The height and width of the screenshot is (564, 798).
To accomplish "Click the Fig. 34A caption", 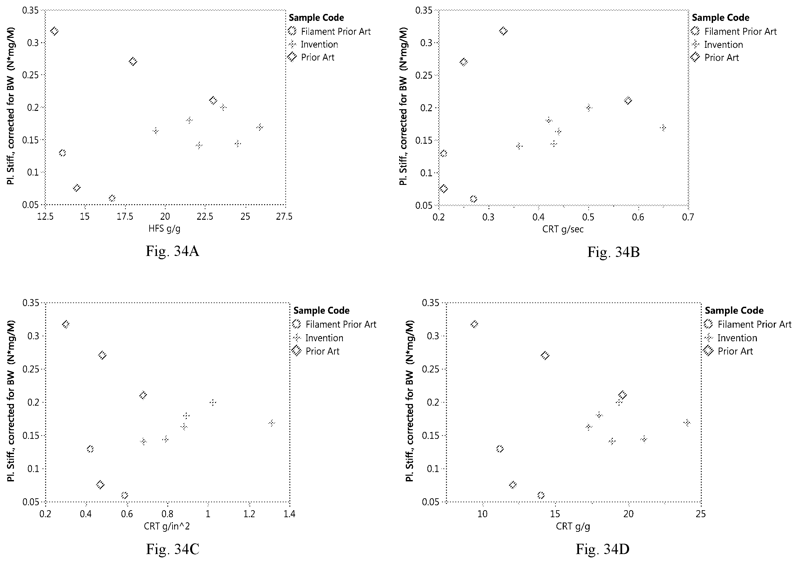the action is (x=173, y=251).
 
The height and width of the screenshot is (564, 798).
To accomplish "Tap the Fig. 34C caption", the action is (x=173, y=549).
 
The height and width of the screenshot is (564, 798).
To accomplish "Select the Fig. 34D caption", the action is (x=603, y=549).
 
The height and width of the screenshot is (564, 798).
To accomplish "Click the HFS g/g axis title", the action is (x=164, y=228).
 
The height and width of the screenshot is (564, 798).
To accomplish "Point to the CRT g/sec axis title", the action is (x=563, y=229).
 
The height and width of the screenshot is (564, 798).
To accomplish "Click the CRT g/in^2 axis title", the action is (x=167, y=526).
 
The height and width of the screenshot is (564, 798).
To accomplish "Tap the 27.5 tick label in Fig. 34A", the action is (x=284, y=217).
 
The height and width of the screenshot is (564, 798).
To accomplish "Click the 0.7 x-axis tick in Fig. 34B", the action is (x=688, y=217).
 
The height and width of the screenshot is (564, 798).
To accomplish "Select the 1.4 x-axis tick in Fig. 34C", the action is (x=290, y=514).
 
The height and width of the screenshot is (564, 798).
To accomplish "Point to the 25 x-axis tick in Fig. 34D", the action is (x=701, y=514).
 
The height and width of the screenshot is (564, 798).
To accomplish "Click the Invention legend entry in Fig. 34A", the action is (x=313, y=44).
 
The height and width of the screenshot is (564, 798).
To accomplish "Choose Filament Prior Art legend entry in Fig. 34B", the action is (x=734, y=32).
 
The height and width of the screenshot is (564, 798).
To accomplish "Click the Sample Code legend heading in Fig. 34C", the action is (x=322, y=310).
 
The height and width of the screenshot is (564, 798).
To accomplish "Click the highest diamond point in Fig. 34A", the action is (x=54, y=31).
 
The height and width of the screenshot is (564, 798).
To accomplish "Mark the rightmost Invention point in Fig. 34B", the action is (x=663, y=128).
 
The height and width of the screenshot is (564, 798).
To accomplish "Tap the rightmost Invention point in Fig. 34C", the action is (x=271, y=423).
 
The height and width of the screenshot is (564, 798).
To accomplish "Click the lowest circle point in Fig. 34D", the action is (x=541, y=495).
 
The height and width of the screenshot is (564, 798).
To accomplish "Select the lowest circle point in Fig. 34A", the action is (x=112, y=199).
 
